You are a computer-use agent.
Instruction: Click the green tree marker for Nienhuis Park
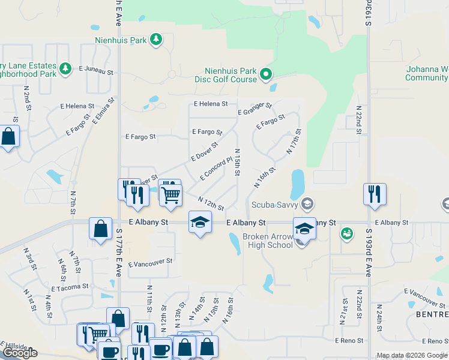point(156,40)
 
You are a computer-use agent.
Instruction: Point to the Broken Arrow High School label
point(267,241)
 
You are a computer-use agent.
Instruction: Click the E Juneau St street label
point(96,70)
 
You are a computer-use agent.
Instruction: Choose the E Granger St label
point(255,109)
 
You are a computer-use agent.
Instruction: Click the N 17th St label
point(294,141)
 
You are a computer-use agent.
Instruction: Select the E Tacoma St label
point(70,287)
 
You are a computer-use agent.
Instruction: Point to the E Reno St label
point(350,340)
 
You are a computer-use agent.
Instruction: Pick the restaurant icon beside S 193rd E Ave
point(375,194)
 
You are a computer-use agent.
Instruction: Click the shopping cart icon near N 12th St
point(171,194)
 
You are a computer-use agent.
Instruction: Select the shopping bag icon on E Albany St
point(100,229)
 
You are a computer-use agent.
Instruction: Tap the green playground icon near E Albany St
point(346,233)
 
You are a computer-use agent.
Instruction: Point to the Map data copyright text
point(412,355)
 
